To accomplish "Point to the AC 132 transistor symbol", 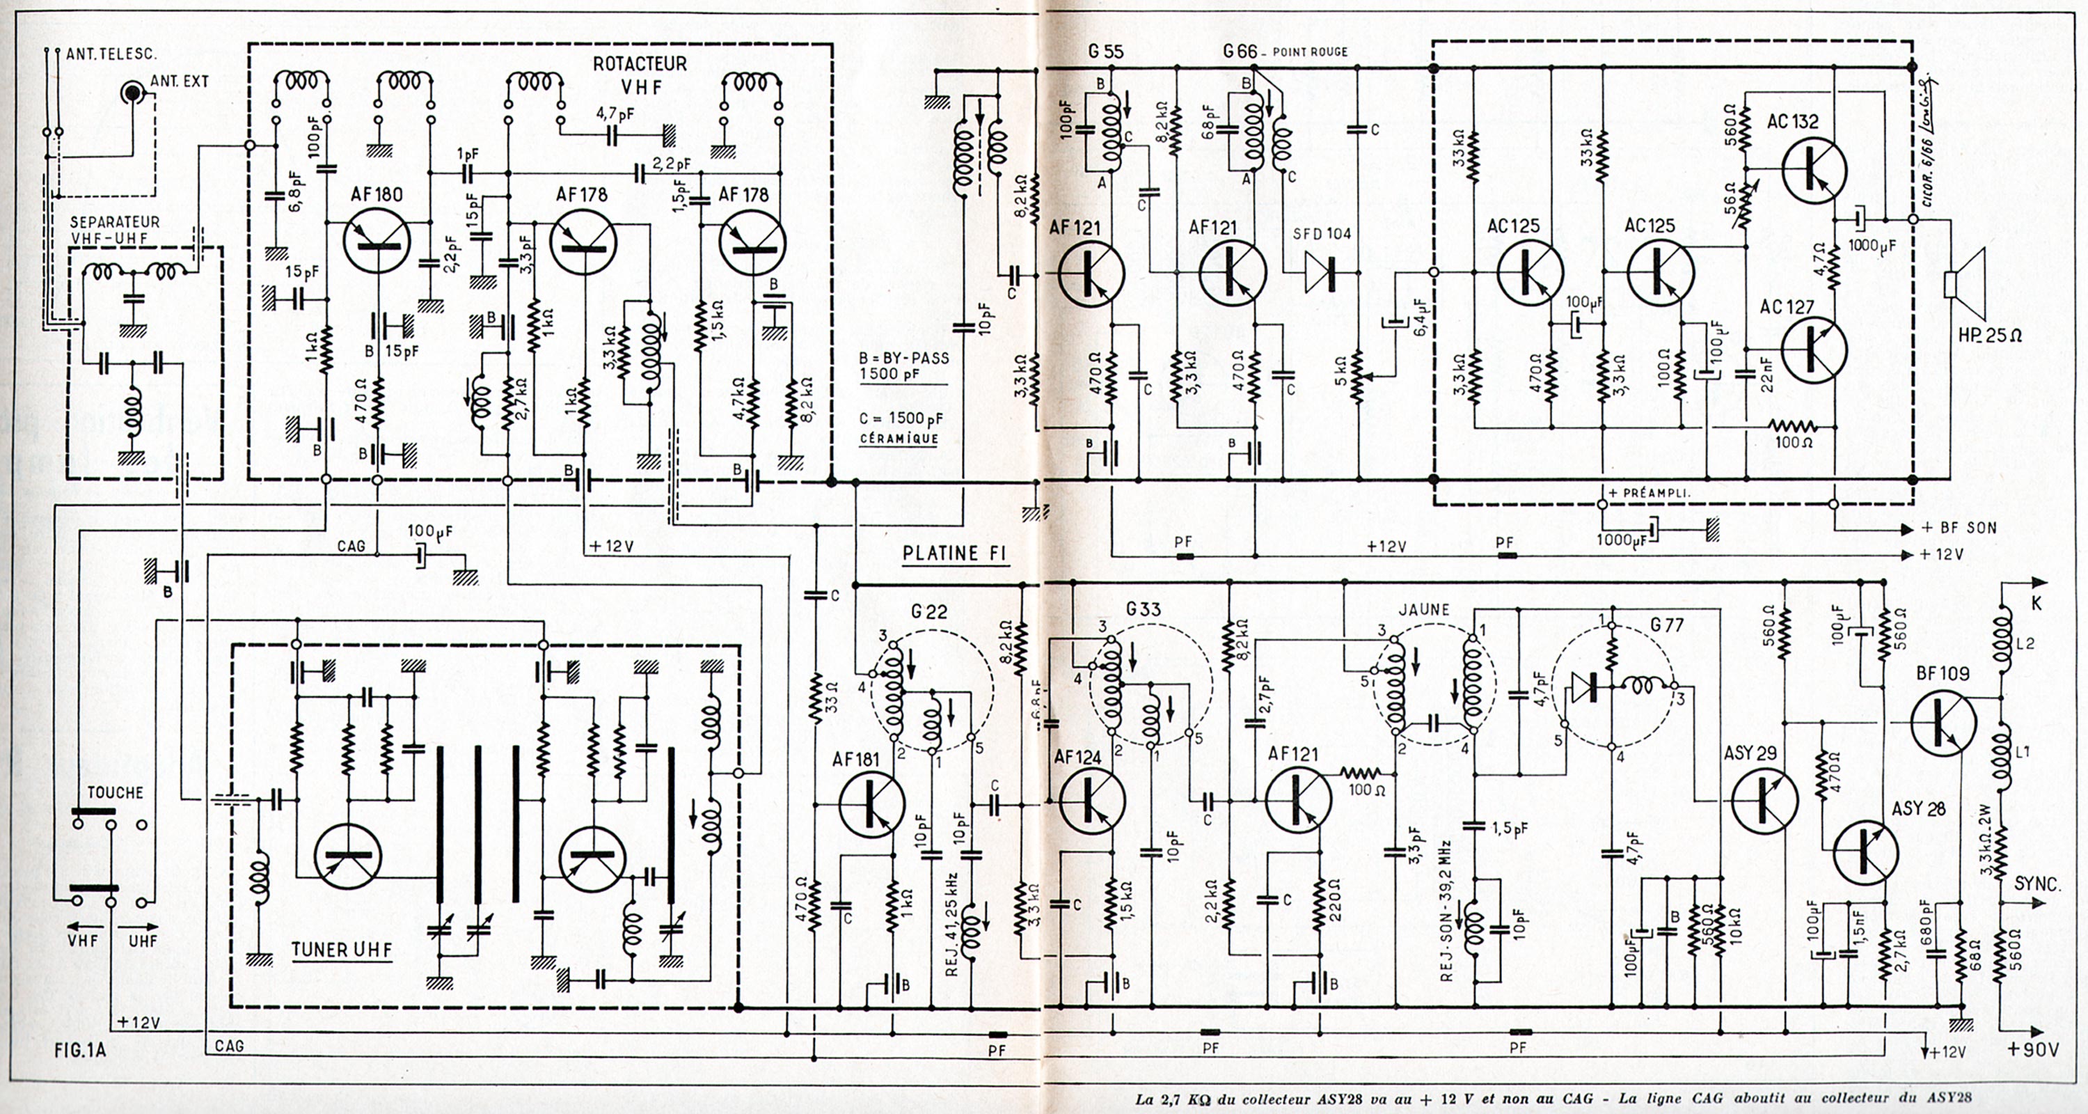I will coord(1814,171).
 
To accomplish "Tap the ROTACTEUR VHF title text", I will coord(640,74).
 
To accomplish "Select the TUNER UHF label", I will coord(341,950).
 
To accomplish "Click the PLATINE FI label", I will coord(955,554).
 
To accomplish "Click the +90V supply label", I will coord(2033,1050).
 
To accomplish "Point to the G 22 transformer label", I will coord(929,611).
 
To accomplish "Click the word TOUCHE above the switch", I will coord(115,792).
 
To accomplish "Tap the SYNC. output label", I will coord(2036,883).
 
